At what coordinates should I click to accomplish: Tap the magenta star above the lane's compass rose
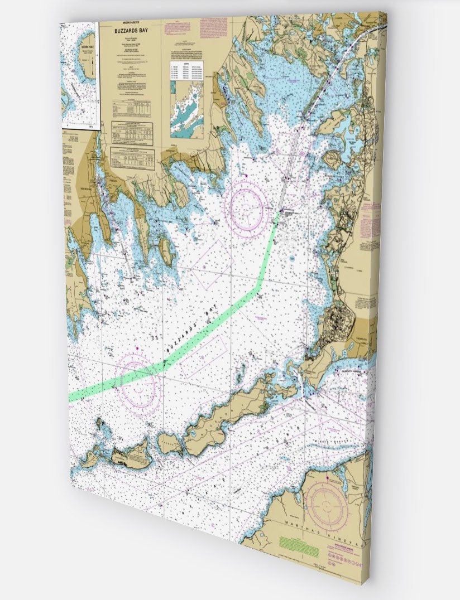point(136,347)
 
